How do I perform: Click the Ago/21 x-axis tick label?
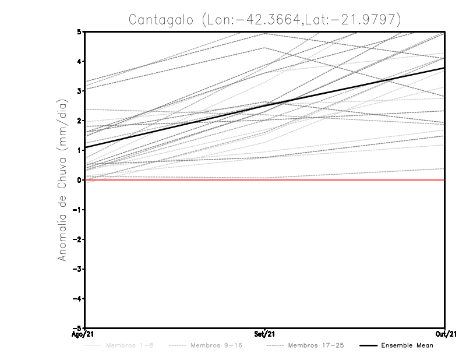pos(84,334)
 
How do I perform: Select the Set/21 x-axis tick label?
pos(265,334)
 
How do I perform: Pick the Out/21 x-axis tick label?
pos(444,334)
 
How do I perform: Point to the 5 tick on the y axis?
pos(79,31)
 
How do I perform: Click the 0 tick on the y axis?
pos(79,180)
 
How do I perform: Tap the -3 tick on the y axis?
pos(77,269)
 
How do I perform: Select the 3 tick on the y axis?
pos(79,91)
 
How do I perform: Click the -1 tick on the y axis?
pos(77,210)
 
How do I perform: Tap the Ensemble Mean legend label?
pos(407,345)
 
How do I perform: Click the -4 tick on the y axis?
pos(77,299)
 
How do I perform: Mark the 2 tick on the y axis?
pos(79,121)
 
